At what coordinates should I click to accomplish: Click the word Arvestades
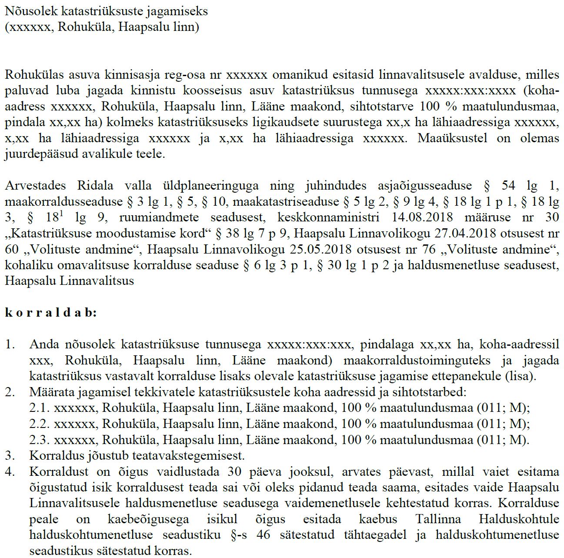coord(35,185)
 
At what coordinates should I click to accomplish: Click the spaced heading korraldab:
coord(51,312)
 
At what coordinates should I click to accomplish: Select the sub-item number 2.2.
coord(39,424)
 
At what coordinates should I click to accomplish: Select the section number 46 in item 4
coord(264,535)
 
